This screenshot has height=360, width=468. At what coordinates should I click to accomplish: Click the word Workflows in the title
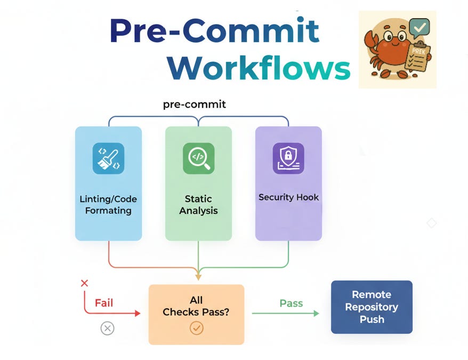[259, 68]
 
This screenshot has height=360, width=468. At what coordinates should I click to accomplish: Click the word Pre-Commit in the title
[214, 30]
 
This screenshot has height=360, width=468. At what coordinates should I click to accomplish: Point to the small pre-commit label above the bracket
[195, 104]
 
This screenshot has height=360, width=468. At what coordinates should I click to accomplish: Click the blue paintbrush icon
[108, 158]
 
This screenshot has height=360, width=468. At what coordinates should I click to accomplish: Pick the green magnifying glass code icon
[198, 158]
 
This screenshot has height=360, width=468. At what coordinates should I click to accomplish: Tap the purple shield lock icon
[288, 158]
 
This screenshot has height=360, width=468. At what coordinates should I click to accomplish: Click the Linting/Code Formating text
[108, 204]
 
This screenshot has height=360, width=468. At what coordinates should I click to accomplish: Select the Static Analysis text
[198, 204]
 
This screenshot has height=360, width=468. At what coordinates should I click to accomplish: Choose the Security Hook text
[288, 197]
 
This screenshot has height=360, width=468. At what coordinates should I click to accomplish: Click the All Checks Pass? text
[196, 306]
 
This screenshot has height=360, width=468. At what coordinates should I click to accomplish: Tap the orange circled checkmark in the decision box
[196, 328]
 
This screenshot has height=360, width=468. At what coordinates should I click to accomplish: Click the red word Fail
[104, 303]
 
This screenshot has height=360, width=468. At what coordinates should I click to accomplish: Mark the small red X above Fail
[84, 283]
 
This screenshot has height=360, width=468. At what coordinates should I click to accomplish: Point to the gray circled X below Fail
[107, 329]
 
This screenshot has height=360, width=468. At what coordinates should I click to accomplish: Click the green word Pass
[291, 303]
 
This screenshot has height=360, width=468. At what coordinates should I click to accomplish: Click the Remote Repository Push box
[372, 307]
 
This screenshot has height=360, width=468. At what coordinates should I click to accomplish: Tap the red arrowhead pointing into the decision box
[138, 314]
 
